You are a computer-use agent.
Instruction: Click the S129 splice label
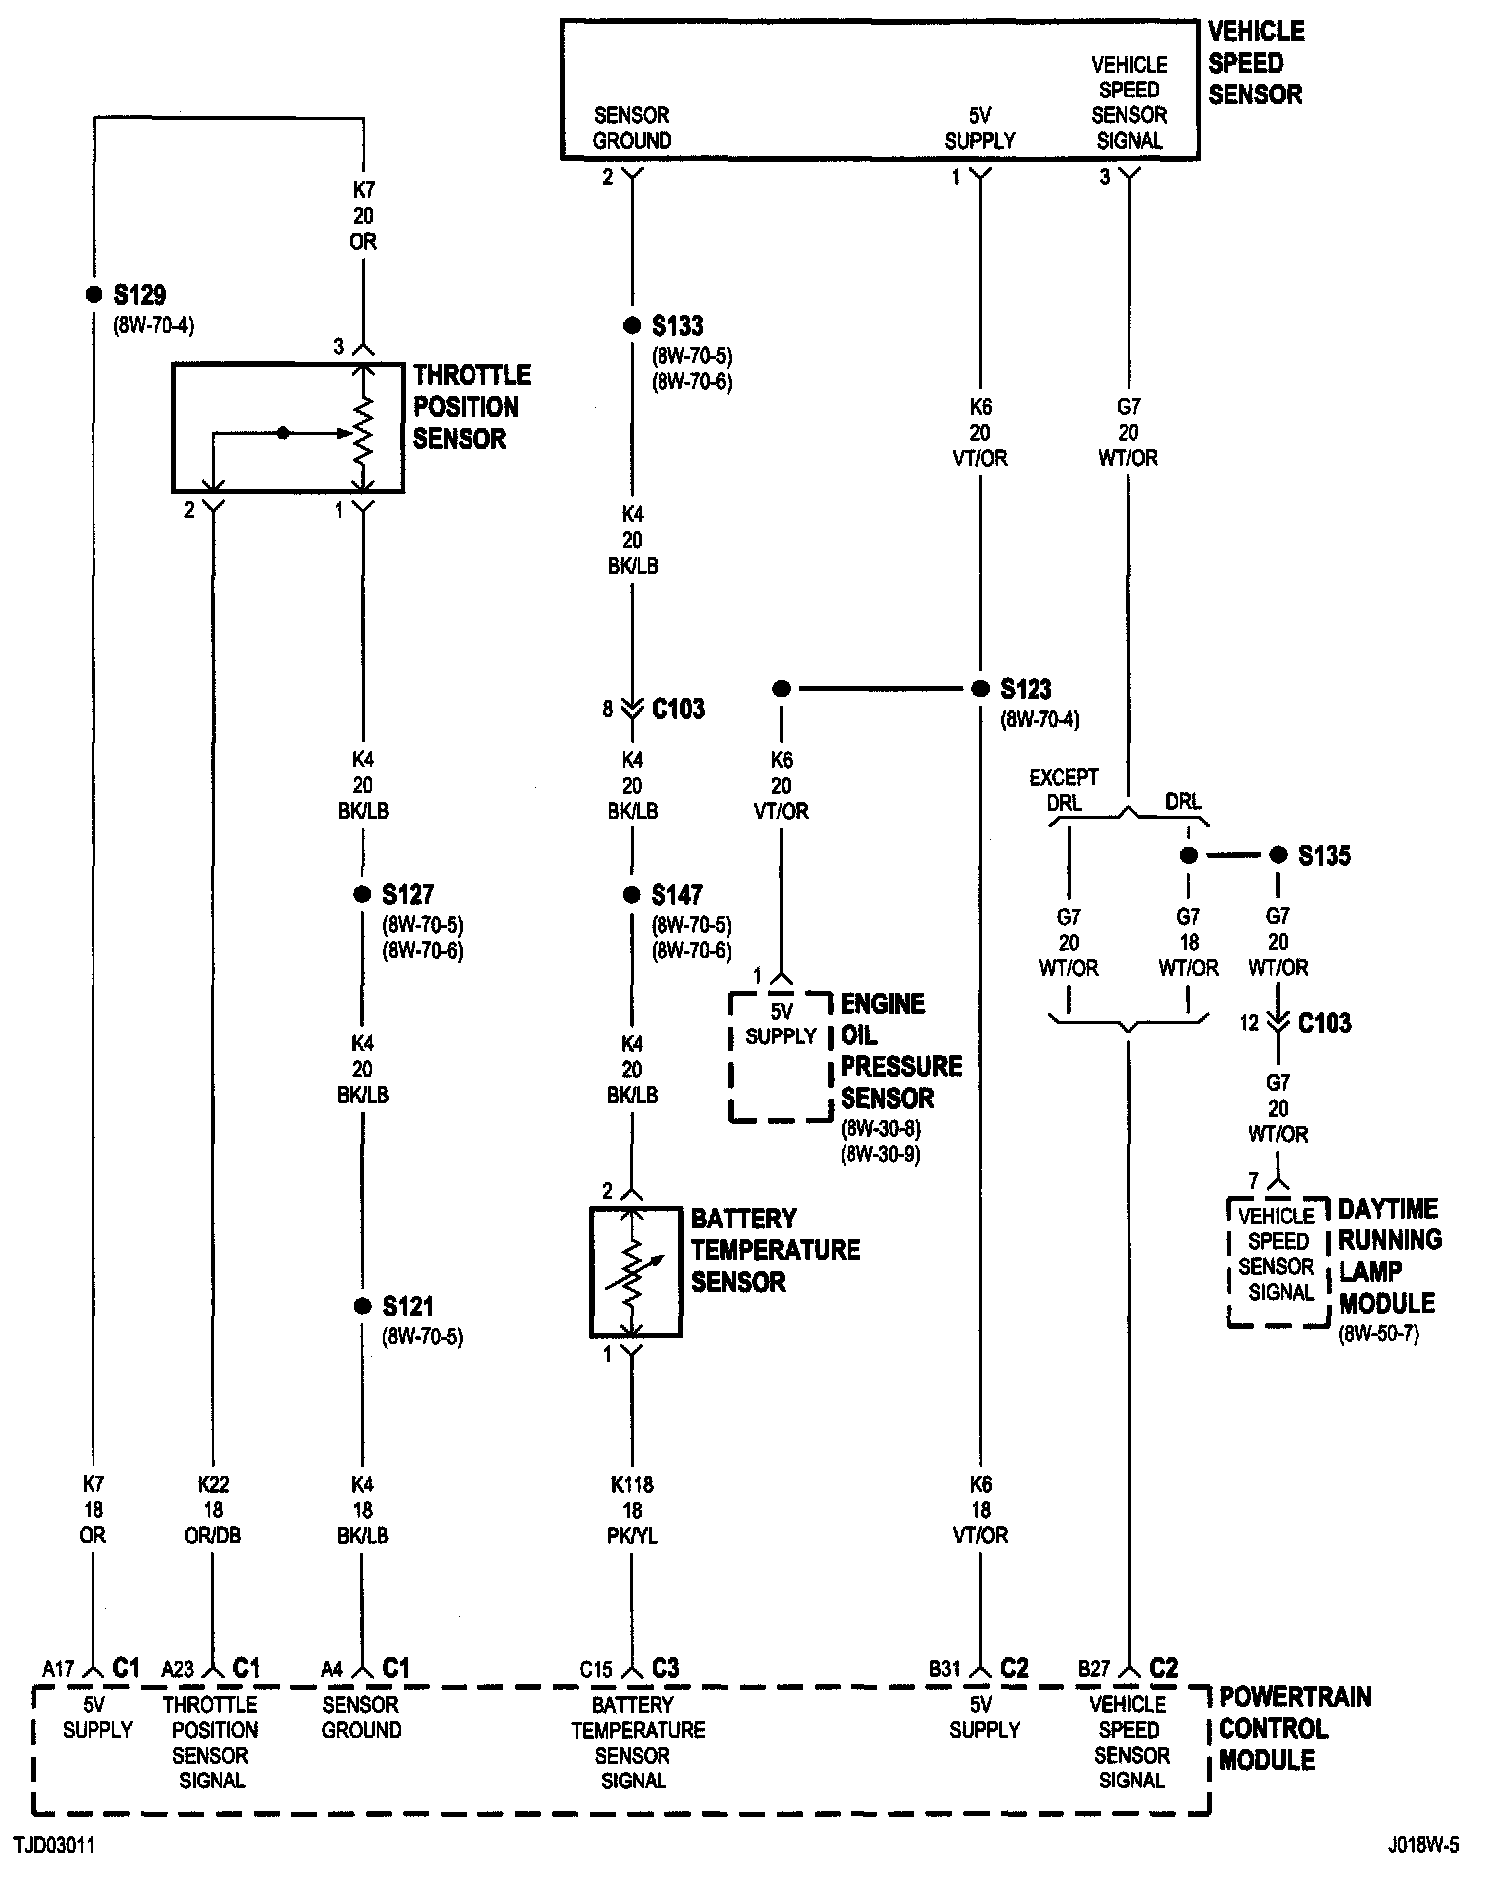click(x=140, y=295)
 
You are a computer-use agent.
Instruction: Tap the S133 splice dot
click(x=631, y=326)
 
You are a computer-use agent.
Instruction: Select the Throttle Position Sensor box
click(x=287, y=429)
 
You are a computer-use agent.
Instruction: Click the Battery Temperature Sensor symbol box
click(x=636, y=1272)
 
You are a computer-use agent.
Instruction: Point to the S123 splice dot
click(x=980, y=688)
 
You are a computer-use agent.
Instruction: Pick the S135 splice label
click(x=1324, y=856)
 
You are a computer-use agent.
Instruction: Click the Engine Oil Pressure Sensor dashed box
click(x=780, y=1056)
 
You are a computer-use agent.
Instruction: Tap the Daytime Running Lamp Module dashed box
click(x=1278, y=1261)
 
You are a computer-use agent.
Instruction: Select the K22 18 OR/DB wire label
click(x=213, y=1510)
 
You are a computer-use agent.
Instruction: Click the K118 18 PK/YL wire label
click(x=632, y=1510)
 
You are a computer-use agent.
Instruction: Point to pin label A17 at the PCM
click(x=58, y=1669)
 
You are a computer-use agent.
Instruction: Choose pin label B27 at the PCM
click(x=1093, y=1669)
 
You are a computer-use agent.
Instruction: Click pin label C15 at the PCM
click(x=596, y=1669)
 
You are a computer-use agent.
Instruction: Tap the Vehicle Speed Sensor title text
click(x=1255, y=63)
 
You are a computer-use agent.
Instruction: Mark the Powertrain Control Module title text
click(x=1294, y=1728)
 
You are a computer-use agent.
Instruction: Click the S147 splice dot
click(x=631, y=895)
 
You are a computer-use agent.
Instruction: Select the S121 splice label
click(x=408, y=1306)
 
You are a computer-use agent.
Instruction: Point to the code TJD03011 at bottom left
click(x=54, y=1846)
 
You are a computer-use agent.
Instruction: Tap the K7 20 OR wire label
click(x=363, y=215)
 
